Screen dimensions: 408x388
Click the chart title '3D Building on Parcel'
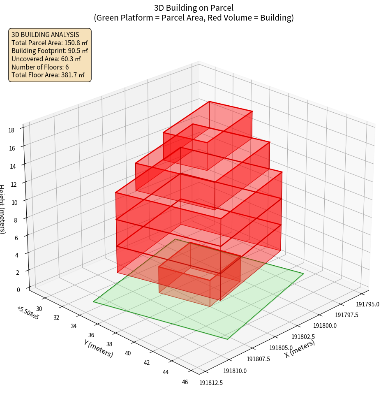point(194,7)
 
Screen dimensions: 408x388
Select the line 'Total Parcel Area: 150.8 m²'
point(50,42)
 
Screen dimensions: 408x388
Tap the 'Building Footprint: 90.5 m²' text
point(50,51)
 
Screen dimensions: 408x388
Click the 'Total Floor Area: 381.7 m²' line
point(48,75)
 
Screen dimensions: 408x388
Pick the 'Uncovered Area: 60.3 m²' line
point(46,59)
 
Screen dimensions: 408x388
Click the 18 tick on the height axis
point(11,130)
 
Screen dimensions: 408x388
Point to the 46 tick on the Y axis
point(185,382)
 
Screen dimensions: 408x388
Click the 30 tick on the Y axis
point(39,309)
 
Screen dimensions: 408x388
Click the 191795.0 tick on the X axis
point(367,305)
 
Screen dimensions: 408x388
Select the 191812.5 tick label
point(211,383)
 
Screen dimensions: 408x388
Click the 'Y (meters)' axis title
point(99,348)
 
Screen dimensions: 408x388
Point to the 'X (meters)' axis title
point(300,348)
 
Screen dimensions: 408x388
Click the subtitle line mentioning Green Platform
point(194,18)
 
